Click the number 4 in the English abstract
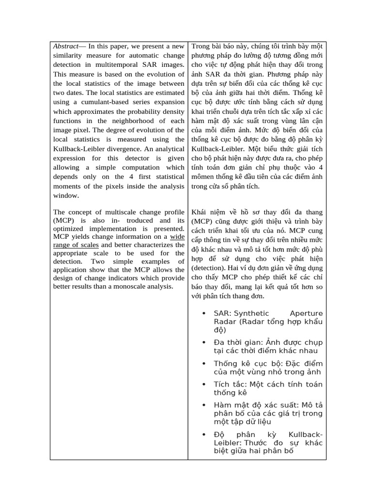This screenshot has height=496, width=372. tap(131, 177)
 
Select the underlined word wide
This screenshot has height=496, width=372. tap(177, 236)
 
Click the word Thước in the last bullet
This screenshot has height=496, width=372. tap(256, 443)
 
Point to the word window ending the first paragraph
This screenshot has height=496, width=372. tap(66, 195)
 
